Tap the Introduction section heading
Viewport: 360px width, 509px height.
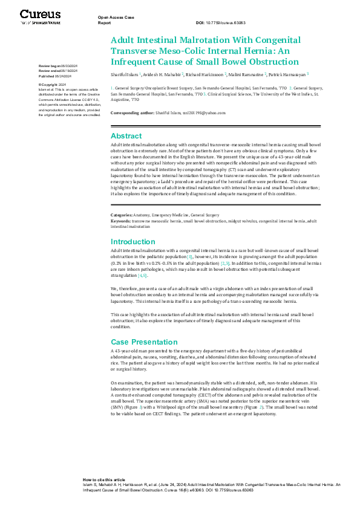134,241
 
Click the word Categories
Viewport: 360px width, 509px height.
122,215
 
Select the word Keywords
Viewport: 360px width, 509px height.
120,221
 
